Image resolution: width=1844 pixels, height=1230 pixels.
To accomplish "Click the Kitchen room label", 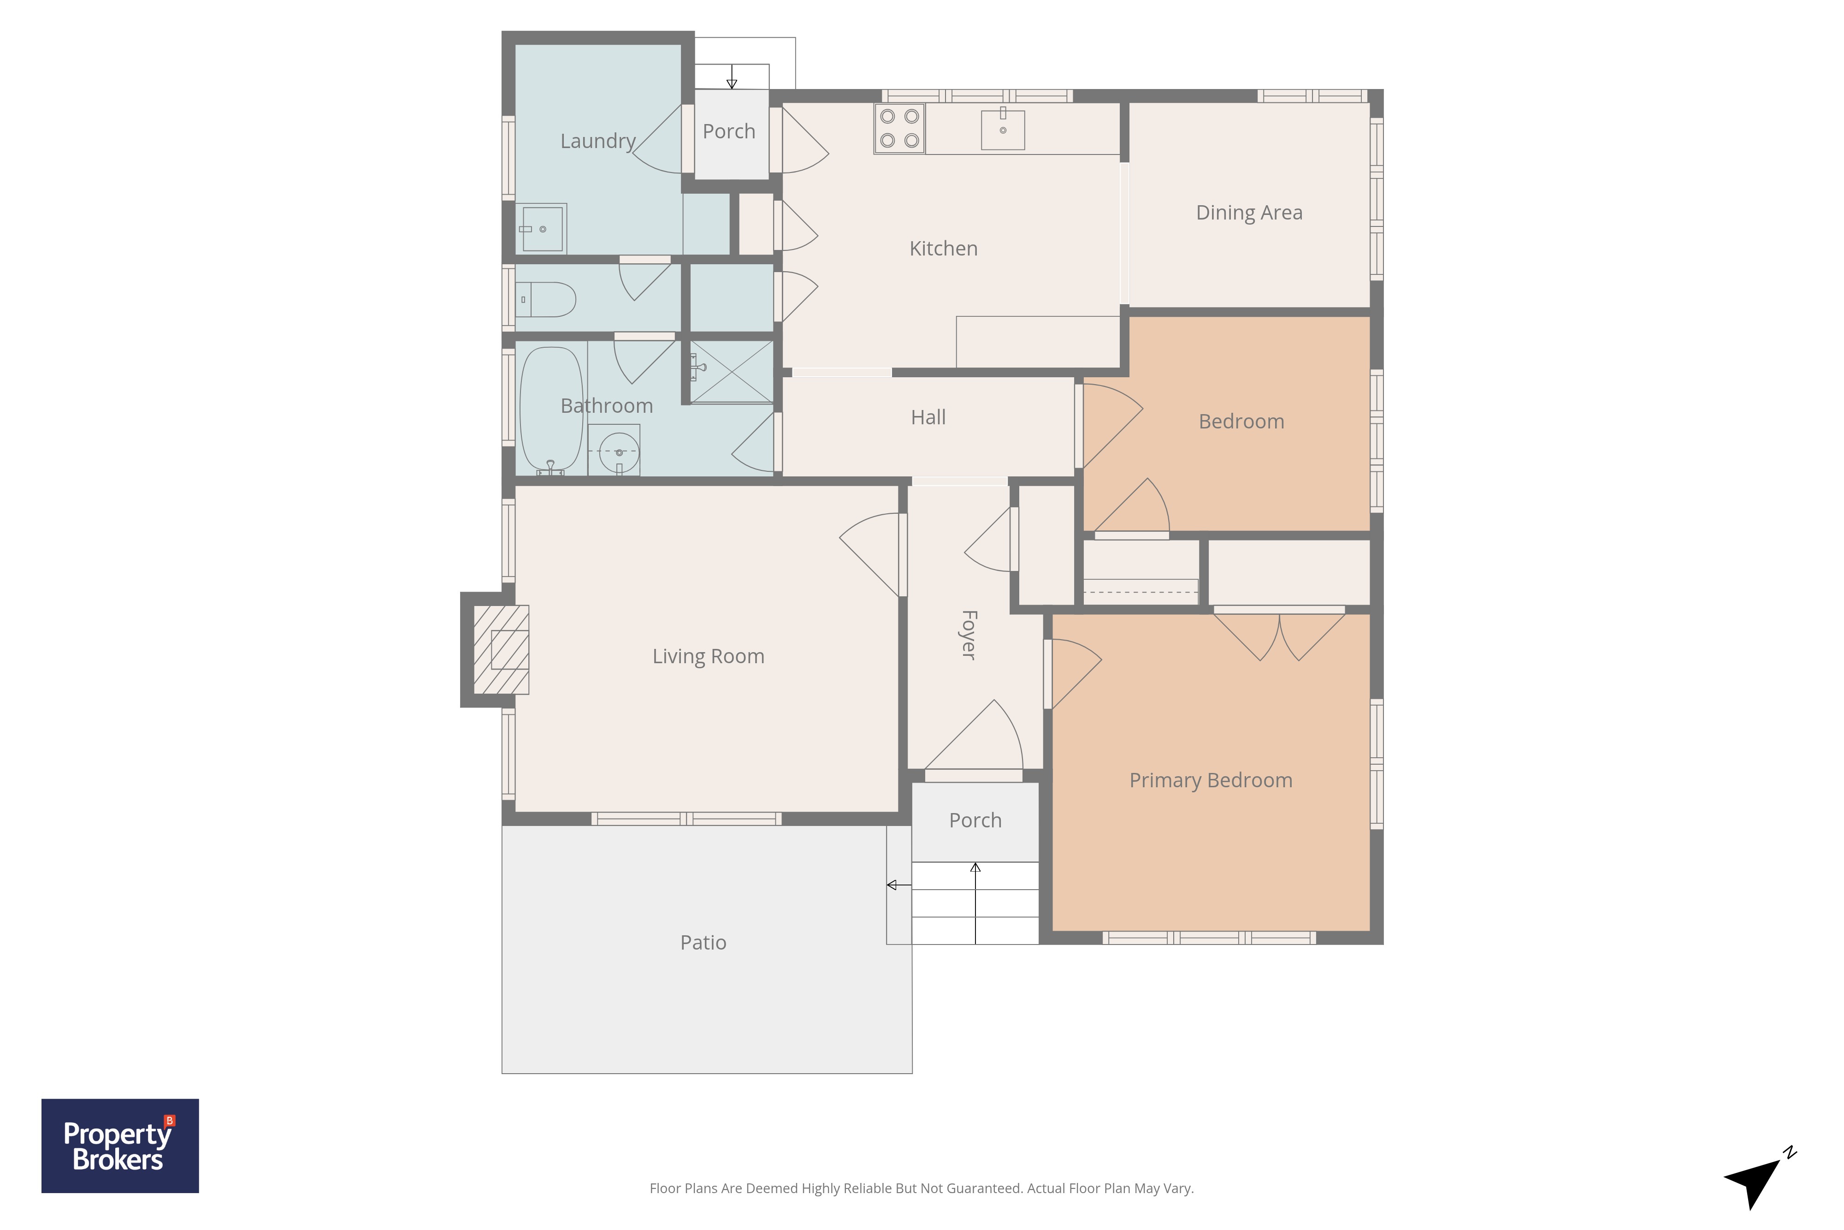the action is (943, 249).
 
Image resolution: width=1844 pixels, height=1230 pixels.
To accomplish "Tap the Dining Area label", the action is (1249, 213).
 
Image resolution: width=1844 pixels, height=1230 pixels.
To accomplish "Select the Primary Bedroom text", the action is (1211, 780).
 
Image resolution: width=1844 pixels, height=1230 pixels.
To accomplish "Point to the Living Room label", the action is (708, 657).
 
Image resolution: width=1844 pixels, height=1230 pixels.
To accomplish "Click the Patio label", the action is (703, 942).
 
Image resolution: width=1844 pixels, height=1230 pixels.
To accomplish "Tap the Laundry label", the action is (597, 141).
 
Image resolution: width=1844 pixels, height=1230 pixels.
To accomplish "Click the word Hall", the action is (928, 417).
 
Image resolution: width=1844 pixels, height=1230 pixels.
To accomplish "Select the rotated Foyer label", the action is (969, 635).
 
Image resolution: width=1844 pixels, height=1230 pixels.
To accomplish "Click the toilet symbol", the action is (545, 300).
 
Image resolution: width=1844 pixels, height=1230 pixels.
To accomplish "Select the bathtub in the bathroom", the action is (551, 411).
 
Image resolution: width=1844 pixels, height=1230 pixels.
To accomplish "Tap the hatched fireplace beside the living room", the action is (501, 649).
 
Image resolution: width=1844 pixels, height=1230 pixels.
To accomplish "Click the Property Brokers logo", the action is (120, 1145).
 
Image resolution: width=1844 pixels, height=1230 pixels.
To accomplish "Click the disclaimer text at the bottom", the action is (921, 1188).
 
